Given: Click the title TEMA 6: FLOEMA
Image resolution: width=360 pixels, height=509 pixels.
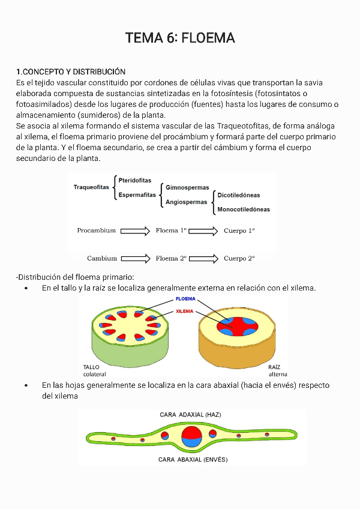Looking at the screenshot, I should tap(180, 38).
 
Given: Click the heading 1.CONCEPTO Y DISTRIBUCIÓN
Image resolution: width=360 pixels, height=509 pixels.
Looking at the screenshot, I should tap(71, 71).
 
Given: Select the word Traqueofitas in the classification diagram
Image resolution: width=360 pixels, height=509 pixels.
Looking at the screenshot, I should tap(91, 187).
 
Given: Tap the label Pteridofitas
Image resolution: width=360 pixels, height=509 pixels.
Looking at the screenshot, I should tap(135, 180).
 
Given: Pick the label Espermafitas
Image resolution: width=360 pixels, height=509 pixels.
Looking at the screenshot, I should tap(137, 194).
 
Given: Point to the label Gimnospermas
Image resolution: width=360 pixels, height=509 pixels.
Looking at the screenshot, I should tap(187, 188).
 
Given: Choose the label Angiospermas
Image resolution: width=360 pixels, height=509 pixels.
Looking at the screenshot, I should tap(187, 202).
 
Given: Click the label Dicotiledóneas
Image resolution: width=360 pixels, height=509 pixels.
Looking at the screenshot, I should tap(239, 195).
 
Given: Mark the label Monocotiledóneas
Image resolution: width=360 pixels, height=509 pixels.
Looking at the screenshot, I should tap(244, 209).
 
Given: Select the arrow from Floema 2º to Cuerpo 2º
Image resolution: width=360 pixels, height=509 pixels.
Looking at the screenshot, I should tap(203, 259).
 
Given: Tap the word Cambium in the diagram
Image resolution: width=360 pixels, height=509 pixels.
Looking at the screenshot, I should tap(102, 259).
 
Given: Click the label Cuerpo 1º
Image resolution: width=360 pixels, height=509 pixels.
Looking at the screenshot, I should tap(239, 230).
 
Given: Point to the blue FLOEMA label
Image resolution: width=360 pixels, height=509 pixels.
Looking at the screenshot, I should tap(185, 298).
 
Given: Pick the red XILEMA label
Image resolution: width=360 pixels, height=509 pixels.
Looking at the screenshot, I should tap(185, 312).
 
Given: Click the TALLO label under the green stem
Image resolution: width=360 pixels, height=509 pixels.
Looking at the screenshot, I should tap(92, 367).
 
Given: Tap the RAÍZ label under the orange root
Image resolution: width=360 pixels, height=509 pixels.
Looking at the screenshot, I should tap(274, 367).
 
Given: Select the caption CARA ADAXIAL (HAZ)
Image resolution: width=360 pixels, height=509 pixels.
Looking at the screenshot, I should tap(190, 415).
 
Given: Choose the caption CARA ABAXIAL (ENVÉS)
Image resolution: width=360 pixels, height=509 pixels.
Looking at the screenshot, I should tap(193, 460).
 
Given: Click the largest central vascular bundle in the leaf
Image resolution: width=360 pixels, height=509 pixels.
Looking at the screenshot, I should tap(192, 436).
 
